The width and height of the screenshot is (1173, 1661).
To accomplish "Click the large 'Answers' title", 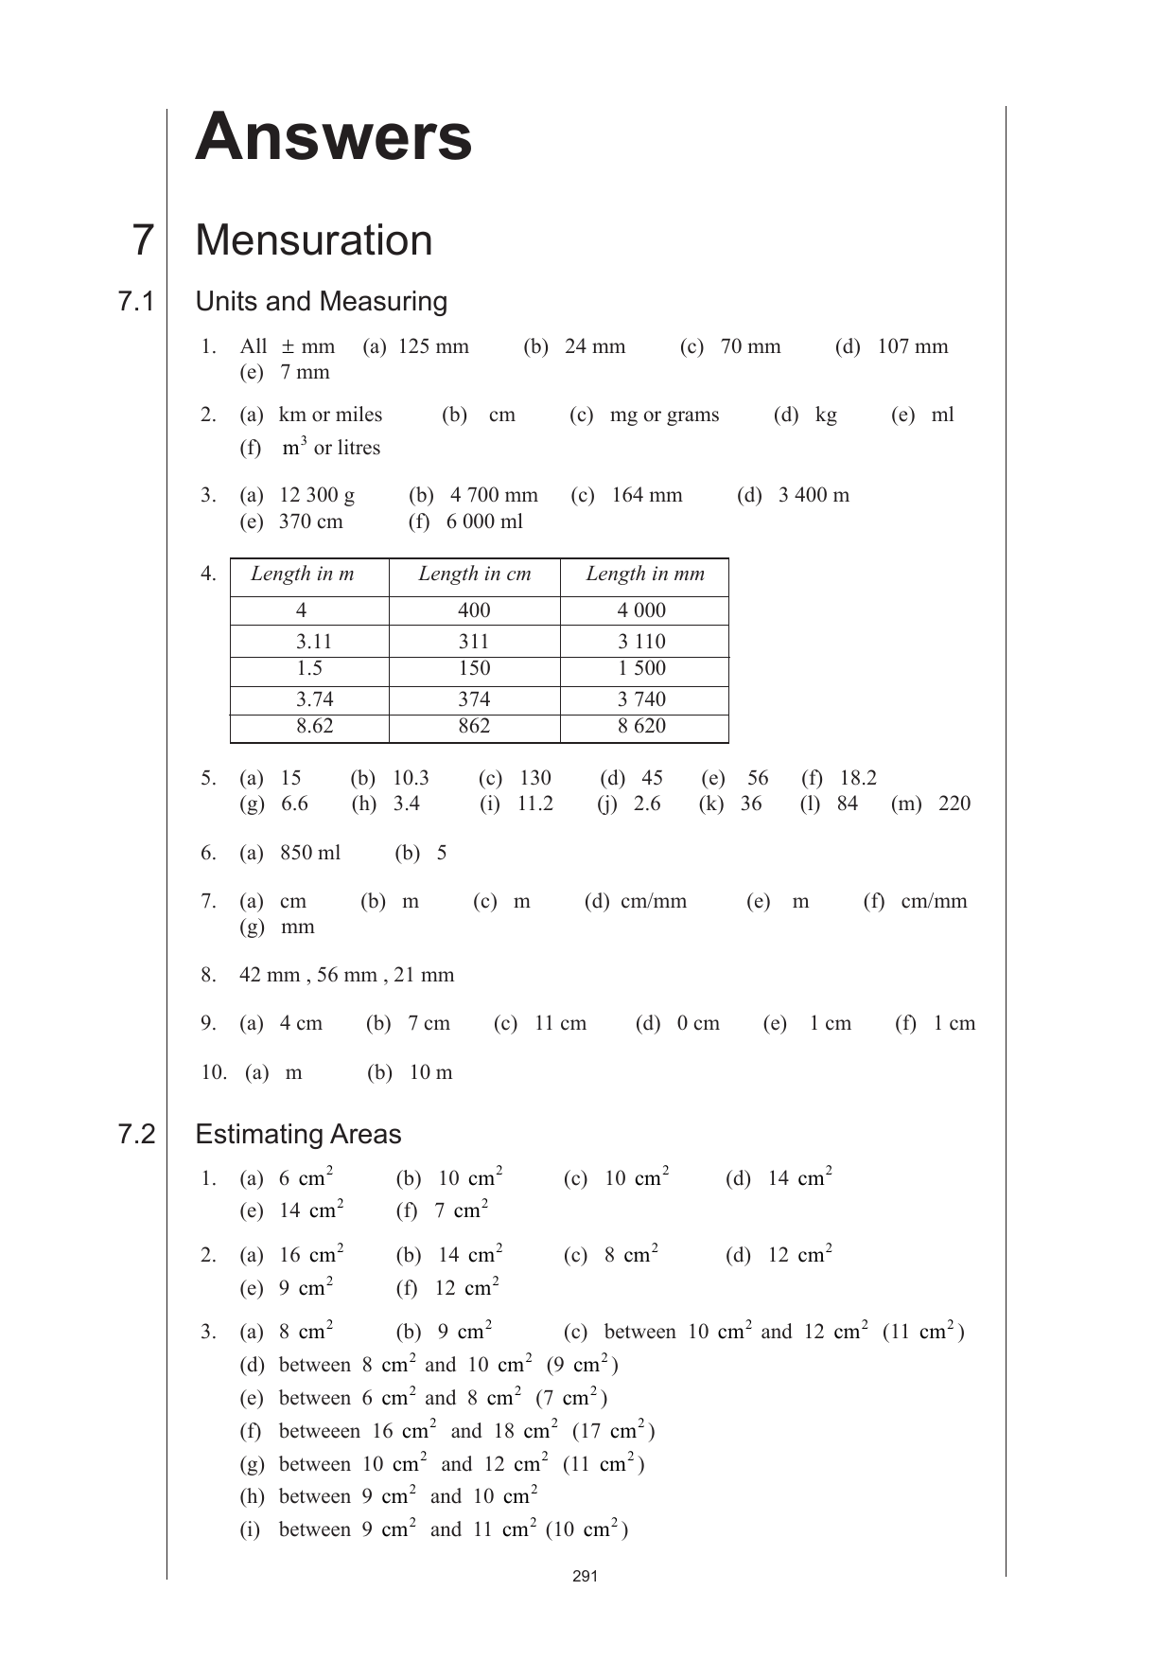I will pyautogui.click(x=333, y=137).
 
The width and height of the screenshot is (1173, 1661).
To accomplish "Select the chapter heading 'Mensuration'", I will pyautogui.click(x=313, y=240).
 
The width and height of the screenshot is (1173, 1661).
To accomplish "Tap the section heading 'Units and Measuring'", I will pyautogui.click(x=321, y=301).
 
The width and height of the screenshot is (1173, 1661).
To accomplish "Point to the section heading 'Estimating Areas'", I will pyautogui.click(x=298, y=1134).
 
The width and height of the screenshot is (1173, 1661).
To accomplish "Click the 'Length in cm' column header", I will pyautogui.click(x=474, y=574).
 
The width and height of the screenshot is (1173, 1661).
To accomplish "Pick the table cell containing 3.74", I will pyautogui.click(x=314, y=699).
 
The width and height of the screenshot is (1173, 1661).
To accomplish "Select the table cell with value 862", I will pyautogui.click(x=474, y=726).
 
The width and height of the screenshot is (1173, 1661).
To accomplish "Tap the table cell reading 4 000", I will pyautogui.click(x=641, y=610).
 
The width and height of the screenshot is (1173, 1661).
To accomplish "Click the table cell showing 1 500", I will pyautogui.click(x=641, y=668).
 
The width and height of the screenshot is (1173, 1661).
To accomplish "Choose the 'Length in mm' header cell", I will pyautogui.click(x=645, y=574).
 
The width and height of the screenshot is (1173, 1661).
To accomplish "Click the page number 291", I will pyautogui.click(x=586, y=1577).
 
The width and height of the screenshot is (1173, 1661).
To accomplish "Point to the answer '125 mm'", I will pyautogui.click(x=433, y=346).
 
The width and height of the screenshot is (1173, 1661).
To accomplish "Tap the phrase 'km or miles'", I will pyautogui.click(x=330, y=415).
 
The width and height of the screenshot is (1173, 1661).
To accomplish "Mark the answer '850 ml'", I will pyautogui.click(x=310, y=853).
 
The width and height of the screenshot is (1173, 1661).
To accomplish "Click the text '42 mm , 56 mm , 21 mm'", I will pyautogui.click(x=346, y=975).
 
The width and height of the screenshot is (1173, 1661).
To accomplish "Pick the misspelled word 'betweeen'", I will pyautogui.click(x=319, y=1431).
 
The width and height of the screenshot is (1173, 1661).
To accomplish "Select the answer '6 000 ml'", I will pyautogui.click(x=484, y=521).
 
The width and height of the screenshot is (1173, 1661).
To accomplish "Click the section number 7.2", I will pyautogui.click(x=136, y=1134).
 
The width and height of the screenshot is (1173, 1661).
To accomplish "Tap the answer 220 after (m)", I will pyautogui.click(x=954, y=804).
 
